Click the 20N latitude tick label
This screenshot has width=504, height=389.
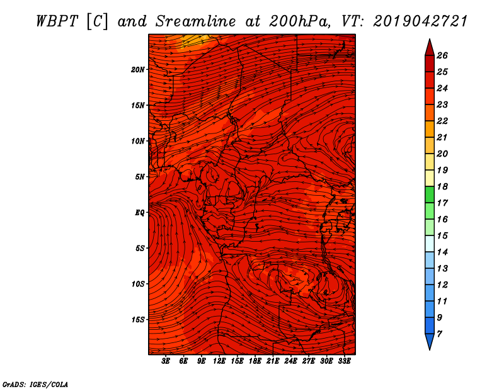tap(137, 69)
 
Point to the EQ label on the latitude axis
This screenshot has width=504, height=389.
tap(139, 212)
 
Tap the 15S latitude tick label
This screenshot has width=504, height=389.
tap(138, 320)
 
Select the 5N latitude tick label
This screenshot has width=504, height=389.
tap(140, 177)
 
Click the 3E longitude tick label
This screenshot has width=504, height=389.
tap(166, 361)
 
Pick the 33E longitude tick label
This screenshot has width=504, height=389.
tap(344, 361)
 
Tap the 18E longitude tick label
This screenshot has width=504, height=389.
tap(255, 361)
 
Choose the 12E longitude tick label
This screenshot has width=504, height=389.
tap(219, 361)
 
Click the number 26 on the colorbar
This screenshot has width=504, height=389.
tap(442, 55)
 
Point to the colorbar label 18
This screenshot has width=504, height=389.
tap(442, 186)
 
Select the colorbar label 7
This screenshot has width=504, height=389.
tap(439, 334)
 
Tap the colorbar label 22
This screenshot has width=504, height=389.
tap(442, 121)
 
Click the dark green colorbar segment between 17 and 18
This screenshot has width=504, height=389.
tap(430, 194)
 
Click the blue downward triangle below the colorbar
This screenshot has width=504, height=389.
tap(430, 341)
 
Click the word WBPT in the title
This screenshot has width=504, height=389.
tap(57, 21)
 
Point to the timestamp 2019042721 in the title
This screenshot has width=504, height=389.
tap(420, 21)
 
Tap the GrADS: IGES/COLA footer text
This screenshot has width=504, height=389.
tap(35, 385)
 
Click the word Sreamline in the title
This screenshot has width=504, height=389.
tap(196, 21)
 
